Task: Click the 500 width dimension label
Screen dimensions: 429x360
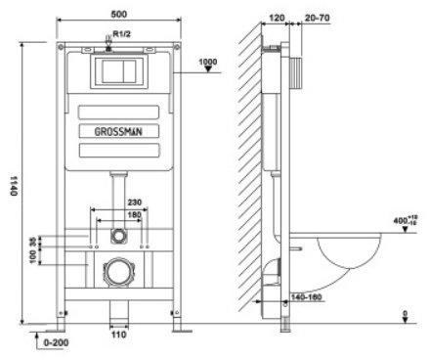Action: [119, 15]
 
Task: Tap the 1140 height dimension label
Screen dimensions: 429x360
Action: [14, 186]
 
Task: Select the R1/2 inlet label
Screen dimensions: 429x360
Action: [122, 33]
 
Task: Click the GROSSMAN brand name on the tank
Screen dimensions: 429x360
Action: [118, 131]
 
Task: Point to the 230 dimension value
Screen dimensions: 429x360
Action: [135, 202]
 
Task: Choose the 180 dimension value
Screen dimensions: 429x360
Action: [135, 215]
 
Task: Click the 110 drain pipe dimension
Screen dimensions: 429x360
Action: [118, 335]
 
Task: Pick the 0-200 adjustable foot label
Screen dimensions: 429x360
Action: [56, 342]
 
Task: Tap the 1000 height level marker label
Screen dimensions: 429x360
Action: [208, 62]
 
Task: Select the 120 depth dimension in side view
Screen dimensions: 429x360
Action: [277, 18]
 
